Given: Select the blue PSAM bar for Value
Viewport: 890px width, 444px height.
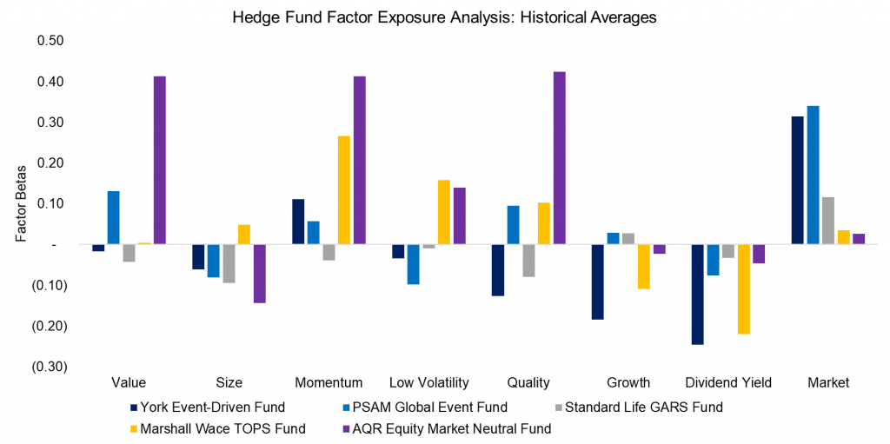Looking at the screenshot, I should [114, 217].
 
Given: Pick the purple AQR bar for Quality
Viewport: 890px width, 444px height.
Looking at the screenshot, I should [559, 157].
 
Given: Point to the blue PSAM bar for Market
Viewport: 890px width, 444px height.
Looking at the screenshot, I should [813, 175].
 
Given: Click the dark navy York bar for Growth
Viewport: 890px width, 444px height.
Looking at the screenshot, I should [598, 282].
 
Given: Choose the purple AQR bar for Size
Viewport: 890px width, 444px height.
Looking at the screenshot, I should [259, 273].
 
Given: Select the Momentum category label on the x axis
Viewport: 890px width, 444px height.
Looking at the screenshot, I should [329, 383].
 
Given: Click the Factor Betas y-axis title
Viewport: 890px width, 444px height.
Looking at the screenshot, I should [22, 202].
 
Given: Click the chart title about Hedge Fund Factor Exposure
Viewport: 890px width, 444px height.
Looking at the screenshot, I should [444, 16].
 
